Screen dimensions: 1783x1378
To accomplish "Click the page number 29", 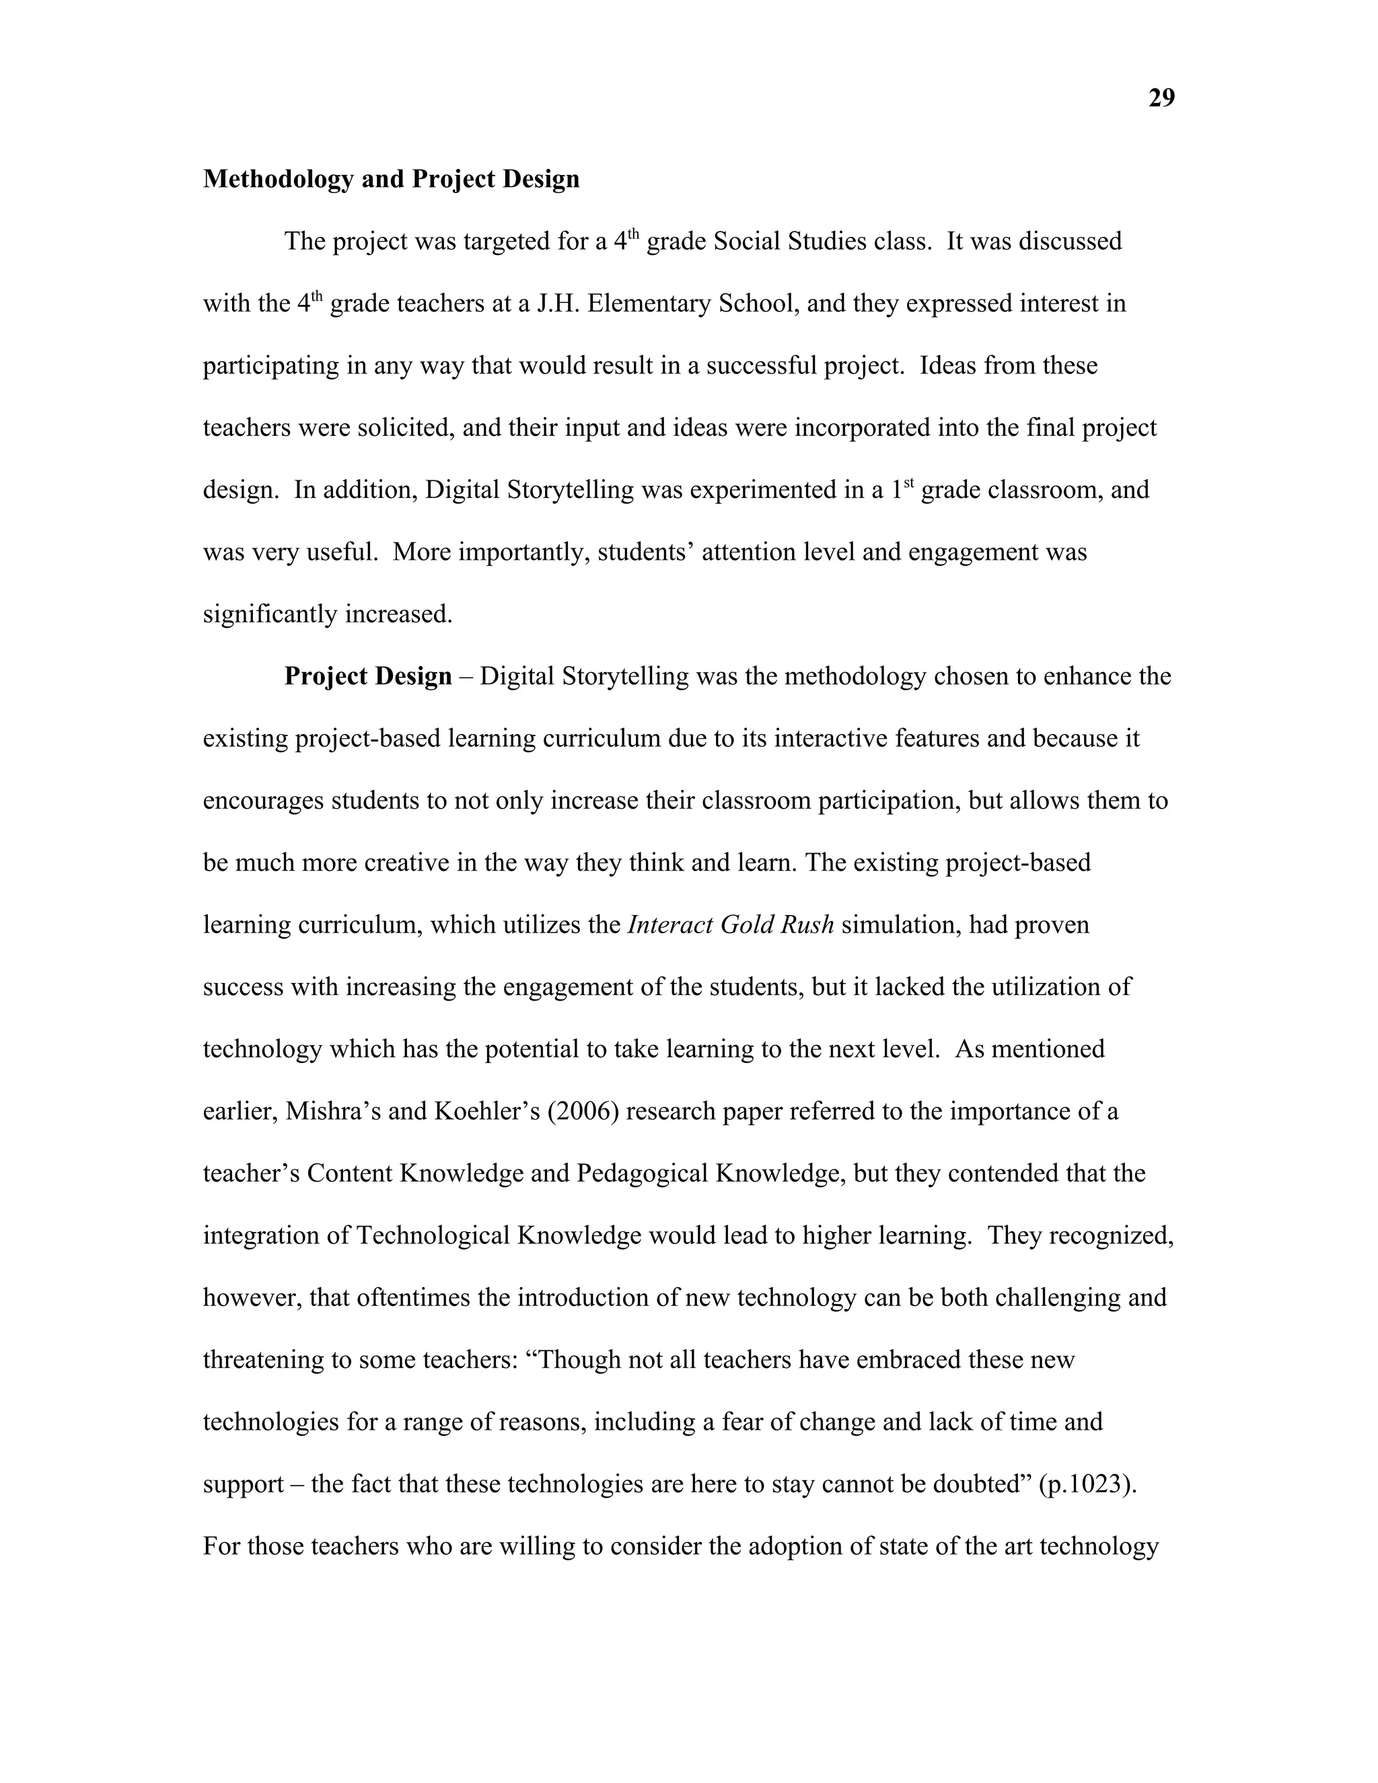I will pyautogui.click(x=1161, y=98).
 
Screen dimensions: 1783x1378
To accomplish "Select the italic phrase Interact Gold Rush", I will pyautogui.click(x=731, y=925).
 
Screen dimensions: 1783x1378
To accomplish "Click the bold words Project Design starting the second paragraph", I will pyautogui.click(x=367, y=676).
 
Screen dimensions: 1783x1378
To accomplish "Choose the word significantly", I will pyautogui.click(x=270, y=614).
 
